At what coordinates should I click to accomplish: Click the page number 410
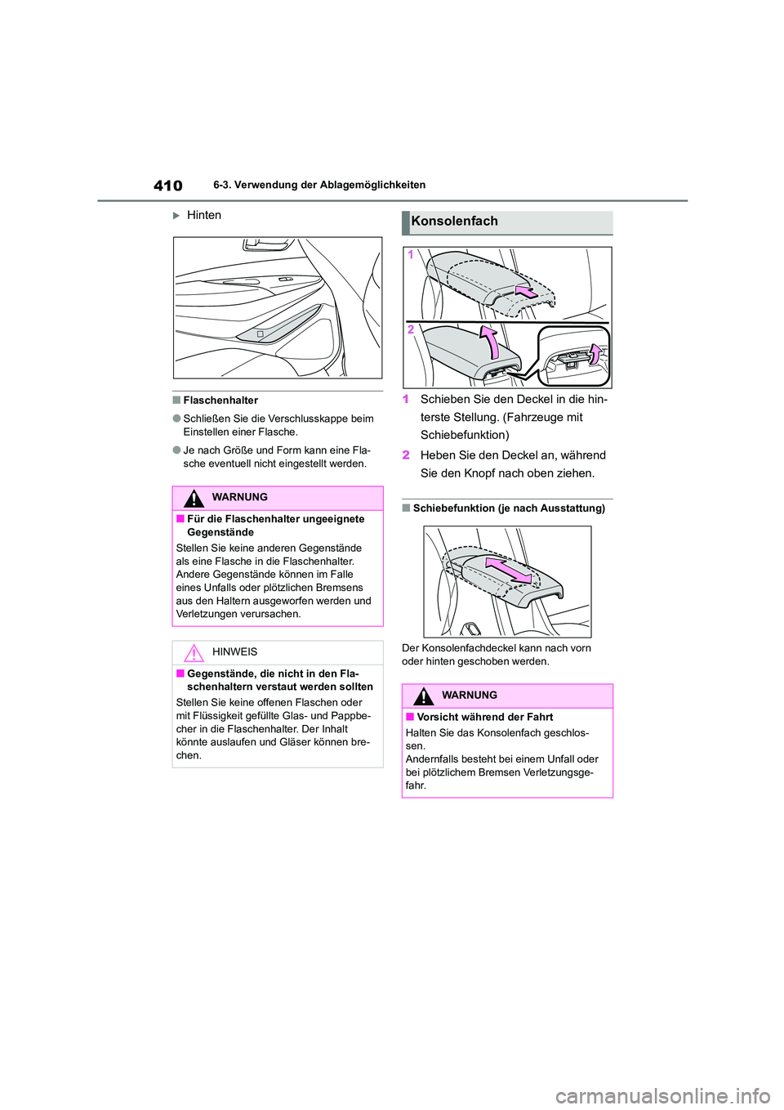click(168, 186)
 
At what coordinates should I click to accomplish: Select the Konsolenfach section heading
click(454, 222)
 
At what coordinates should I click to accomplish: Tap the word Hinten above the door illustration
click(203, 215)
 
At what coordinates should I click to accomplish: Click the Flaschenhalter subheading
click(220, 401)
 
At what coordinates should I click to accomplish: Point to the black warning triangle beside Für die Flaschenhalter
click(194, 498)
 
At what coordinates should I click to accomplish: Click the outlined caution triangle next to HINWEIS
click(194, 652)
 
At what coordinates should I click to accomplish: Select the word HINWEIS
click(234, 652)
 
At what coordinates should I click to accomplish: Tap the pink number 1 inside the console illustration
click(411, 255)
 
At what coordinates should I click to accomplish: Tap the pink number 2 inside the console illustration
click(411, 329)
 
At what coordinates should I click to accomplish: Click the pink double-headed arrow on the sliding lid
click(508, 570)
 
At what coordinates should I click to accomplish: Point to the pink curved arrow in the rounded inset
click(595, 353)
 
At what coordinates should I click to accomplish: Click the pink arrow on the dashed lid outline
click(527, 290)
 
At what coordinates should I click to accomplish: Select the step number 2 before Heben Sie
click(406, 455)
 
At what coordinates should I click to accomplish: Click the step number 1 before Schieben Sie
click(406, 400)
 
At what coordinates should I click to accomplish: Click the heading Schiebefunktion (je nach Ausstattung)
click(509, 508)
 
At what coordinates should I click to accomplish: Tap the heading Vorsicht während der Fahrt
click(484, 718)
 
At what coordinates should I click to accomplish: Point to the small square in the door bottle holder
click(260, 334)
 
